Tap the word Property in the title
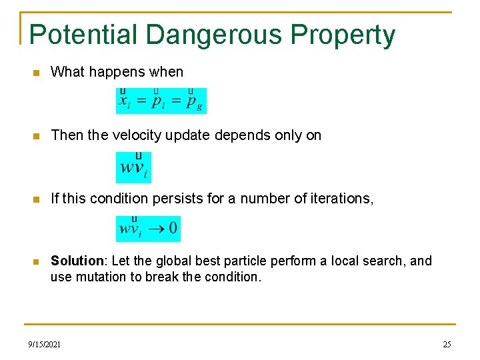352,35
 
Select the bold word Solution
76,261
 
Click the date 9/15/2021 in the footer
45,344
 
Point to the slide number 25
447,344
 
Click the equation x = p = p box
161,101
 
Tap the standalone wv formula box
133,167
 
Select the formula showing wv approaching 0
148,229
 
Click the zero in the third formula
173,229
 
